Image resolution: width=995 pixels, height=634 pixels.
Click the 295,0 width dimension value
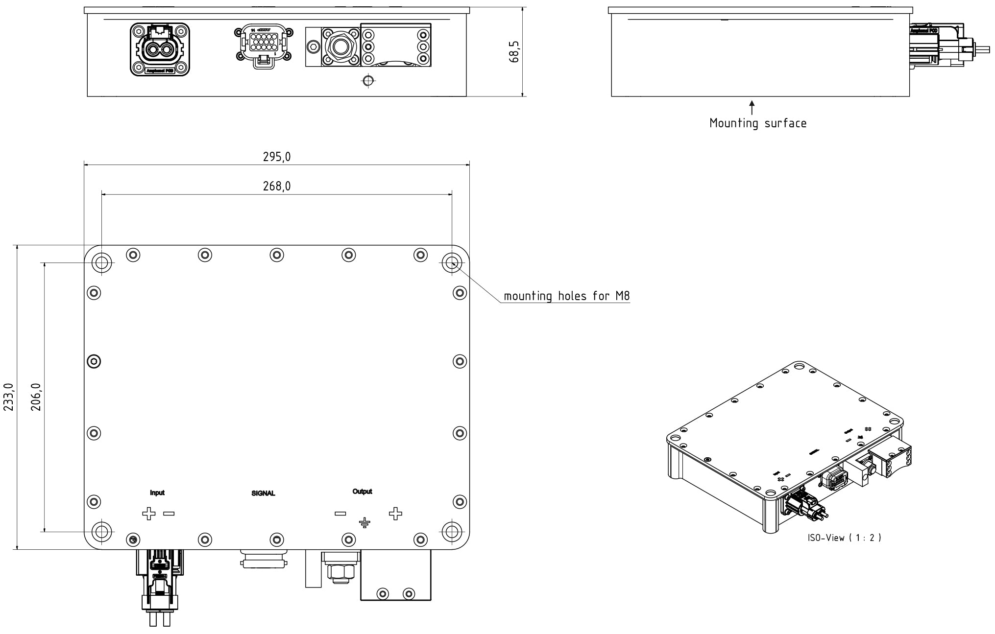pyautogui.click(x=276, y=157)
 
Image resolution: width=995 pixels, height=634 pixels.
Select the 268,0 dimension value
pyautogui.click(x=276, y=186)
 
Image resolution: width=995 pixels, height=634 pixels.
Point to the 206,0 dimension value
pyautogui.click(x=37, y=397)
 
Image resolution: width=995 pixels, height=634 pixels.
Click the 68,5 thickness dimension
pyautogui.click(x=514, y=51)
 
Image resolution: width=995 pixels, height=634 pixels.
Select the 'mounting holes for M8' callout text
pyautogui.click(x=567, y=296)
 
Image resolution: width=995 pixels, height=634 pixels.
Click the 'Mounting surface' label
pyautogui.click(x=758, y=123)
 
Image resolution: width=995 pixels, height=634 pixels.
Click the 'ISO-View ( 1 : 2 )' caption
pyautogui.click(x=845, y=538)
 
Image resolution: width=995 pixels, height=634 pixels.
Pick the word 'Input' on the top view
pyautogui.click(x=157, y=493)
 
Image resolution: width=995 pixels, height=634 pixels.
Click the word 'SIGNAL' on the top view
pyautogui.click(x=263, y=493)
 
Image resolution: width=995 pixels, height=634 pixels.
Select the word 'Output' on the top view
pyautogui.click(x=362, y=492)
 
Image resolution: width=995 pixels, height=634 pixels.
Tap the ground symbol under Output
pyautogui.click(x=364, y=523)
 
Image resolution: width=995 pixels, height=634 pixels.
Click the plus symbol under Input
pyautogui.click(x=149, y=514)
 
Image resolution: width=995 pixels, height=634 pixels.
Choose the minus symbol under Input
pyautogui.click(x=169, y=514)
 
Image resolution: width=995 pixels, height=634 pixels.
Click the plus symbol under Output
pyautogui.click(x=395, y=514)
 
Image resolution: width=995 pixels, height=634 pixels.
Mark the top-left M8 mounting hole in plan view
pyautogui.click(x=102, y=263)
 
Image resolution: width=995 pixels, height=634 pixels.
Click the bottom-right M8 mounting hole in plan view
pyautogui.click(x=451, y=531)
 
